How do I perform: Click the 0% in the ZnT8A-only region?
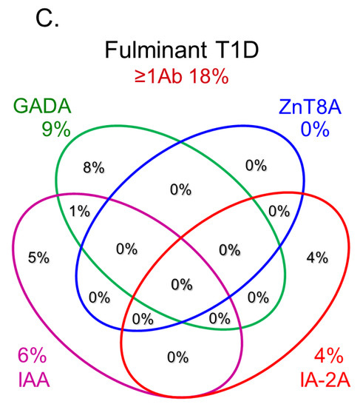[x=255, y=166]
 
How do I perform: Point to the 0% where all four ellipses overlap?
[x=180, y=283]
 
